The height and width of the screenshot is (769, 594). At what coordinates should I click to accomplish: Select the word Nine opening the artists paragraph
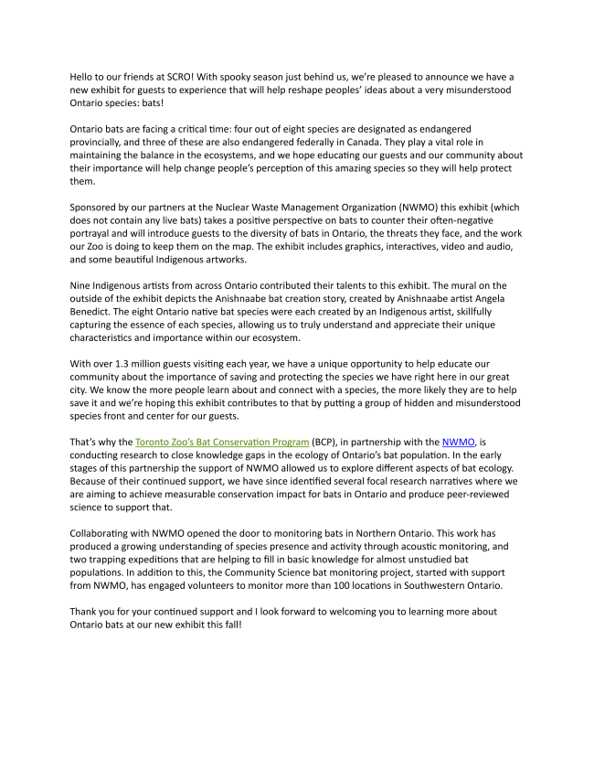[82, 287]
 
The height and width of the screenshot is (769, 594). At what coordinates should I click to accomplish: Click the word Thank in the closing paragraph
[85, 612]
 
